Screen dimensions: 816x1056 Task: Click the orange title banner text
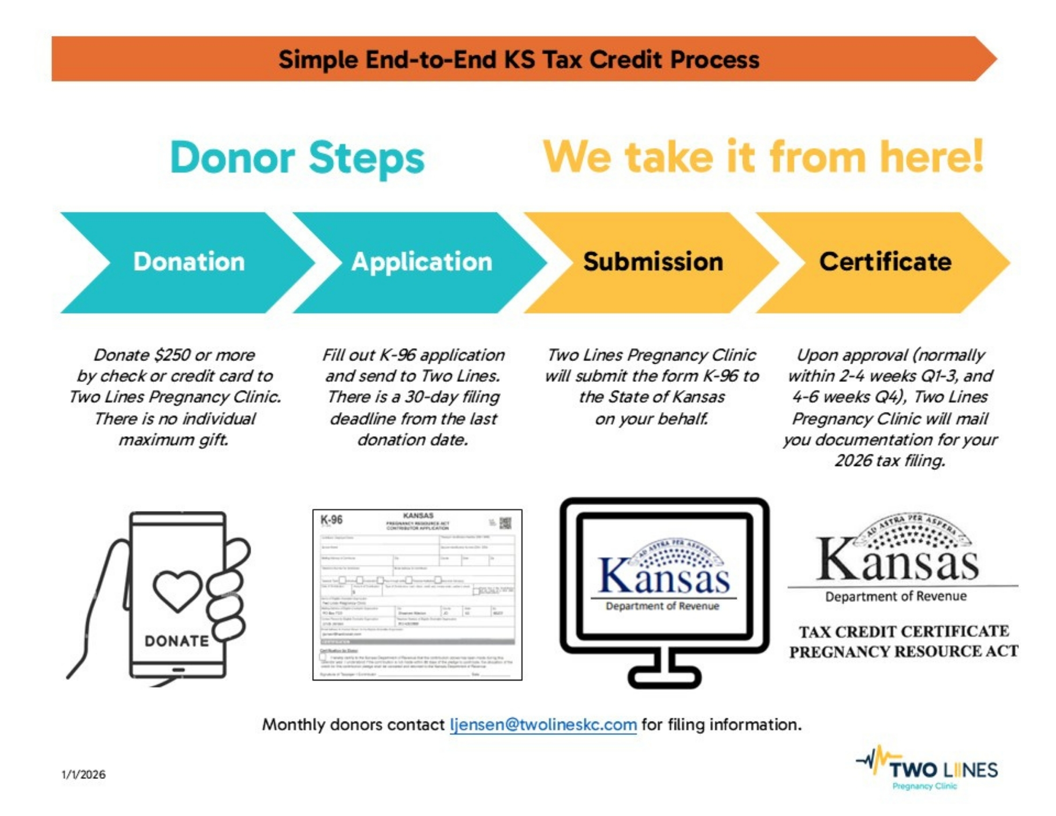pos(518,60)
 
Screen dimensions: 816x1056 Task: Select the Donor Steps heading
pos(297,158)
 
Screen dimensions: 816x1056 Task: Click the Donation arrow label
pos(189,261)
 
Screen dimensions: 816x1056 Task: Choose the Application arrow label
pos(421,261)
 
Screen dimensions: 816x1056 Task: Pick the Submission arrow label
pos(653,261)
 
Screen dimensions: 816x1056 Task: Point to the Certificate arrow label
pos(885,261)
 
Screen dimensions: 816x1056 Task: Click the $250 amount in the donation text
pos(172,355)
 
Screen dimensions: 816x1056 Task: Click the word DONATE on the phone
pos(177,641)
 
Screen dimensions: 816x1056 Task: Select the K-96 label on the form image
pos(332,520)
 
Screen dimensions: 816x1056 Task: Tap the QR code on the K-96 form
pos(505,523)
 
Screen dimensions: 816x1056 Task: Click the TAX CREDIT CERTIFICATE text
pos(903,631)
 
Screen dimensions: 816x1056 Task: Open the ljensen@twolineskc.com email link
pos(543,724)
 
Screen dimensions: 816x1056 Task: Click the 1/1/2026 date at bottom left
pos(83,774)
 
